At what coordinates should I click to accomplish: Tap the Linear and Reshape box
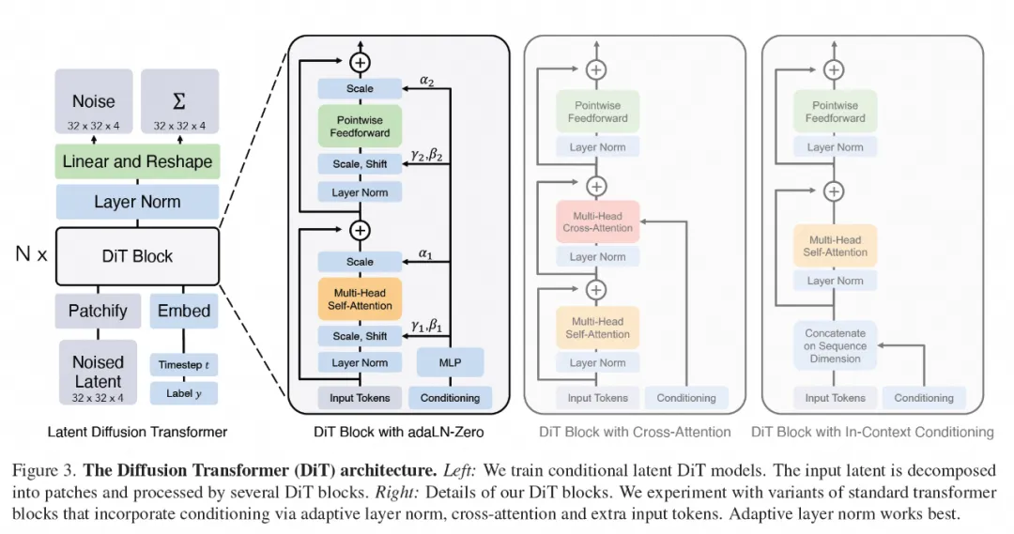click(x=137, y=161)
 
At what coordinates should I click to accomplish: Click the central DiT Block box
click(x=137, y=255)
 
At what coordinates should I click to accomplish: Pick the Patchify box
click(x=98, y=311)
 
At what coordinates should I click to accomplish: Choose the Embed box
click(x=184, y=311)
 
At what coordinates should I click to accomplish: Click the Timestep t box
click(x=184, y=364)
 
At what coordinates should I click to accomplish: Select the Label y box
click(x=184, y=393)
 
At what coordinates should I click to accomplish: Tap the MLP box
click(x=451, y=362)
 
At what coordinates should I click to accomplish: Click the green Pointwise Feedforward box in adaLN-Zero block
click(x=360, y=126)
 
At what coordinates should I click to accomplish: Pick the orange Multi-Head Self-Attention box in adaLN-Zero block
click(x=360, y=299)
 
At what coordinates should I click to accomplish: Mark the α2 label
click(x=428, y=82)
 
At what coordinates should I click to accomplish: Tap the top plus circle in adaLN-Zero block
click(x=360, y=62)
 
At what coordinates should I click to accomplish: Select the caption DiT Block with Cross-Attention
click(x=635, y=432)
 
